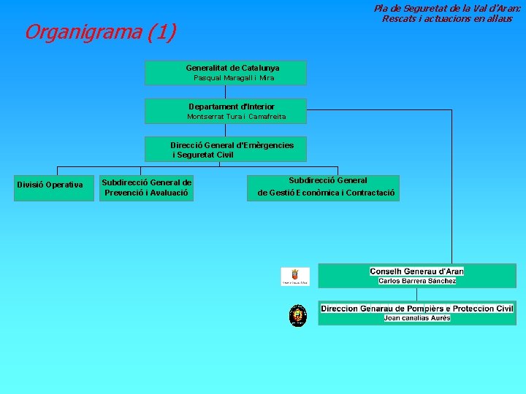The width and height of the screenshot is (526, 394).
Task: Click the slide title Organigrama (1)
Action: pos(100,32)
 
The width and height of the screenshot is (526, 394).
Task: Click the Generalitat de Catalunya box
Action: pos(225,72)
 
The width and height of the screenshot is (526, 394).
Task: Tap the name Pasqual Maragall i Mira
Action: pos(233,78)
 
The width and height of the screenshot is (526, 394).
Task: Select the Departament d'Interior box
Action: pos(225,111)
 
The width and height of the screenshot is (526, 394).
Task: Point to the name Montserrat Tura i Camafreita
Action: pos(236,117)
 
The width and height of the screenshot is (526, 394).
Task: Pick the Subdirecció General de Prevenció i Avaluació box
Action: pos(146,188)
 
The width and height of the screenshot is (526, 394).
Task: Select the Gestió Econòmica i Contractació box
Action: pos(325,188)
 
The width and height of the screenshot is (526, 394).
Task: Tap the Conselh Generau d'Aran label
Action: pos(416,271)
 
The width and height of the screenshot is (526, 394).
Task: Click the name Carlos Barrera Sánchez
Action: pos(417,281)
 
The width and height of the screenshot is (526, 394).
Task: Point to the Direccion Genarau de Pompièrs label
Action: pos(416,309)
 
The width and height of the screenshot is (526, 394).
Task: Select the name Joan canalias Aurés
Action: pos(416,318)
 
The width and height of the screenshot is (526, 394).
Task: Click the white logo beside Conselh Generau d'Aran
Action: pos(295,276)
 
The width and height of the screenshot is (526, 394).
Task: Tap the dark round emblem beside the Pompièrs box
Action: pos(297,315)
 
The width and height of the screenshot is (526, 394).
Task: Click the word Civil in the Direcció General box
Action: pos(222,155)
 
